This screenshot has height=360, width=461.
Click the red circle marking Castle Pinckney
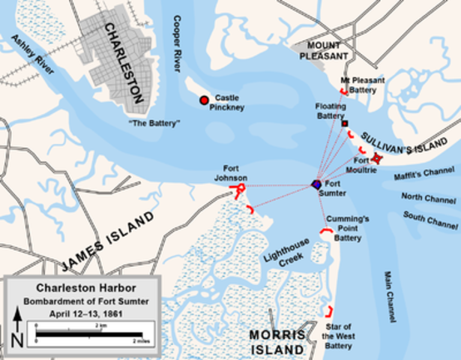pos(203,100)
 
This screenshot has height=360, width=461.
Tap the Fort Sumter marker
pos(317,184)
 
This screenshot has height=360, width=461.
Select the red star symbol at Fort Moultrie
pos(378,157)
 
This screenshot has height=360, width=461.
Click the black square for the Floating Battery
pos(344,122)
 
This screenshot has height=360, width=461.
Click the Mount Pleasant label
pos(325,50)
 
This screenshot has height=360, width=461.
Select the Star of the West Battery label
pos(338,335)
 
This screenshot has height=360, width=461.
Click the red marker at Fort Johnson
pos(240,190)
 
